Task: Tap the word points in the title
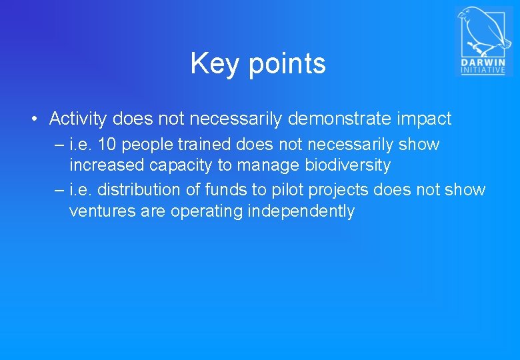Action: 287,64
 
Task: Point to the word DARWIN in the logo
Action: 483,63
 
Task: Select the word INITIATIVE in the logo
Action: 483,71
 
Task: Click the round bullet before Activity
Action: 33,120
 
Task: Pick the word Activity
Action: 78,119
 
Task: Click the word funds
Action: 226,190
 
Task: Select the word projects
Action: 338,190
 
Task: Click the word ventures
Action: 100,211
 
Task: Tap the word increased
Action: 103,165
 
